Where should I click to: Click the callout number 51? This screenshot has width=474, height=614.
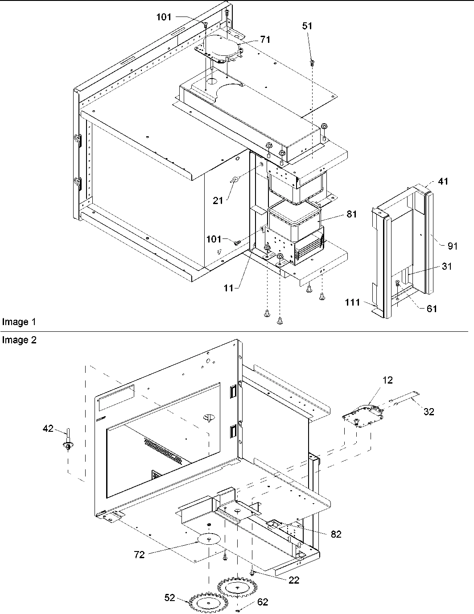point(307,26)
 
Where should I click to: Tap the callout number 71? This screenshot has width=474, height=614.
point(265,40)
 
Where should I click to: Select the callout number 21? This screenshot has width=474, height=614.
point(218,201)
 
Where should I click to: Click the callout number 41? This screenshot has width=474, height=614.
point(443,181)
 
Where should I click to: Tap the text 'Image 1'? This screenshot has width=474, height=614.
point(19,322)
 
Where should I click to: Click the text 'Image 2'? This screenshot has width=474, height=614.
point(19,340)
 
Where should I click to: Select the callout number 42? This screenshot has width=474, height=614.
point(48,429)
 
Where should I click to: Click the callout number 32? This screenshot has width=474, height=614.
point(429,412)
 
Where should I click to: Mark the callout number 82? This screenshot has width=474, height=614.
point(336,534)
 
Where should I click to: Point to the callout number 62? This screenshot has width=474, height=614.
point(263,602)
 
